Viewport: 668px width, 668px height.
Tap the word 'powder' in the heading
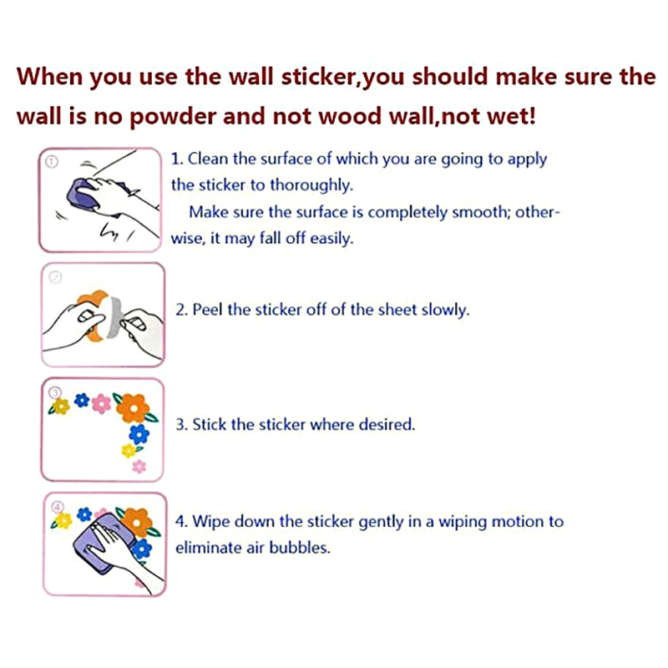[x=173, y=117]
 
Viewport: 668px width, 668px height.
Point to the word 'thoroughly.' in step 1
[x=311, y=186]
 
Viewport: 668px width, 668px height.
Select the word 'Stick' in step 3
[x=210, y=425]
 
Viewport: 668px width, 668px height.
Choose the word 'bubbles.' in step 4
[x=300, y=548]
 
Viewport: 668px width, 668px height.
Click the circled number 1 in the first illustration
[x=52, y=162]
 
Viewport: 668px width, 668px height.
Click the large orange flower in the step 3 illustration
[x=134, y=408]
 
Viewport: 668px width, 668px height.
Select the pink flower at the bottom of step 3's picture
[x=139, y=467]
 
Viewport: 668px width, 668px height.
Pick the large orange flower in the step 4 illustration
[x=137, y=523]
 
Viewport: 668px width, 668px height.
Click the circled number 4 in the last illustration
[x=57, y=508]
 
